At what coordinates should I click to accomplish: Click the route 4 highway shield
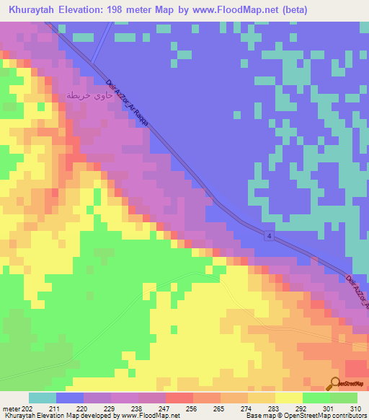click(267, 237)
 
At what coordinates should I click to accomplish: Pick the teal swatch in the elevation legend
click(43, 398)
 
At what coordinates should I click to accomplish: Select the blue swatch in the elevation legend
click(70, 398)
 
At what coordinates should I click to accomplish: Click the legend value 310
click(355, 408)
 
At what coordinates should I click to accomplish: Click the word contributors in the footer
click(349, 416)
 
